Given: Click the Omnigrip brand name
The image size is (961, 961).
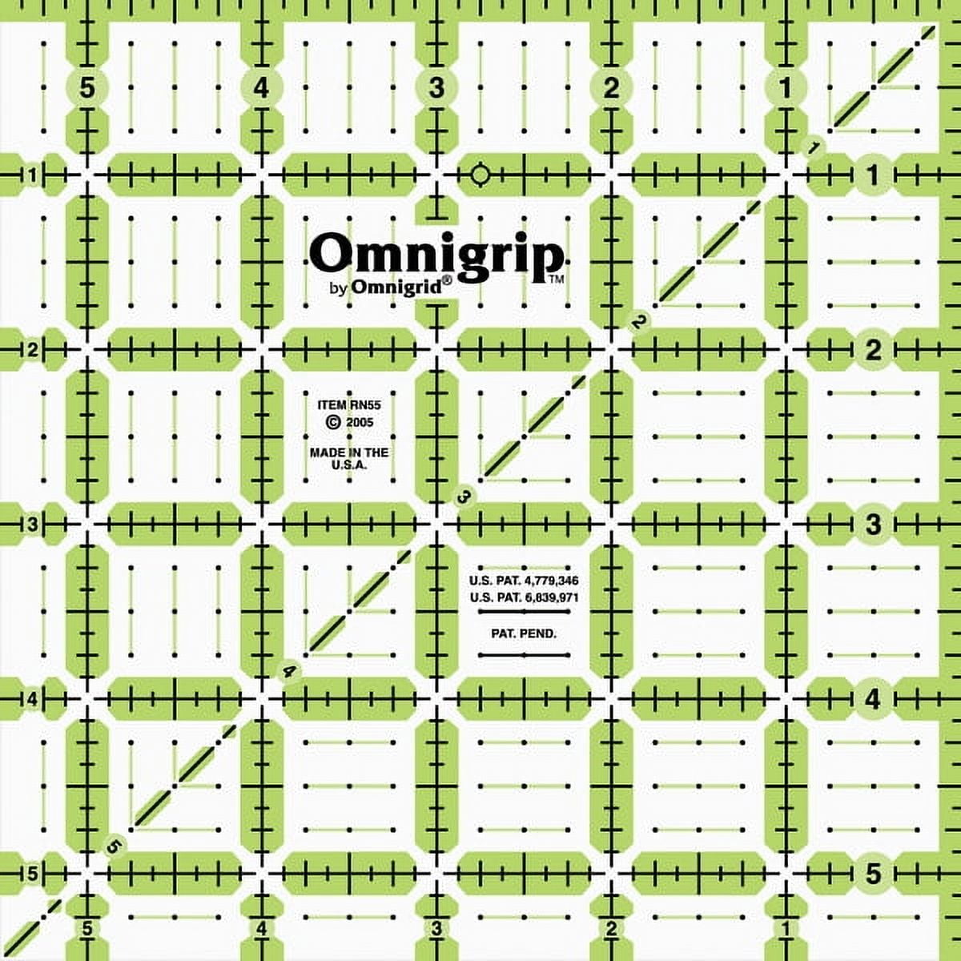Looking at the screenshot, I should coord(436,255).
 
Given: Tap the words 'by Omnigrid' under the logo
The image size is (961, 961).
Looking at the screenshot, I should coord(390,288).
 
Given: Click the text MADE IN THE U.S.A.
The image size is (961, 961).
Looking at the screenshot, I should coord(349,458).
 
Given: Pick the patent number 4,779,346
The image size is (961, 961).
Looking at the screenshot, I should coord(525,580).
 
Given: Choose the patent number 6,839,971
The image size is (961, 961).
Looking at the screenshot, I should coord(525,597).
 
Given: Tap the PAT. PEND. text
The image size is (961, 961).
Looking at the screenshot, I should coord(525,633).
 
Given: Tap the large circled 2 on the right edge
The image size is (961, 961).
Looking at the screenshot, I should coord(873,349).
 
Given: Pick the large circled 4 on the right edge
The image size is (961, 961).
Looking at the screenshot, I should coord(873,699).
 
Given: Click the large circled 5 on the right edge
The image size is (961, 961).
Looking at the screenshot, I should coord(873,873).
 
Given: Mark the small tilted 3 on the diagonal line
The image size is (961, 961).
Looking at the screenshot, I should coord(464,497).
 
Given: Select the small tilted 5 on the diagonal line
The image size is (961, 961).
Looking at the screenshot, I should coord(115,845).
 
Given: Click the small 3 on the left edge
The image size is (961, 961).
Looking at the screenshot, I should coord(33,525).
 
